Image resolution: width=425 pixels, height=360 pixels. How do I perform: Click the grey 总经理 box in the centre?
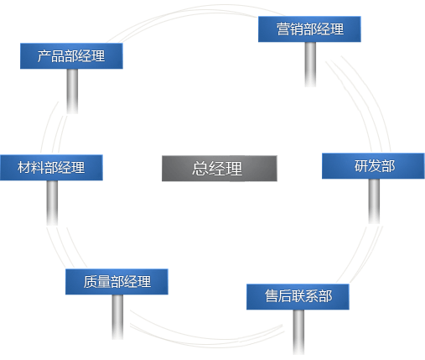point(220,169)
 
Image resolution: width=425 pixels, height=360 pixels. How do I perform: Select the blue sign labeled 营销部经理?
point(309,29)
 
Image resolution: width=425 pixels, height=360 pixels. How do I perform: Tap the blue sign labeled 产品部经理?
point(71,56)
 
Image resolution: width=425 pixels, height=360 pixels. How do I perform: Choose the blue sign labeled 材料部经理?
point(51,167)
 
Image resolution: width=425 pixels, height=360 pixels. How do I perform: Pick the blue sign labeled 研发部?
point(373,166)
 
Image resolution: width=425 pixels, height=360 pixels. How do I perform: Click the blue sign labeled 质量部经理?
point(117,282)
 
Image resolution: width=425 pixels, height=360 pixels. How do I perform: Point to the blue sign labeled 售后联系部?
point(298,297)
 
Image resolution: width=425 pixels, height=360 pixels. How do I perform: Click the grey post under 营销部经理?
point(310,65)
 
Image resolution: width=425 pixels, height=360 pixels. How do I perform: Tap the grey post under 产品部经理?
point(72,91)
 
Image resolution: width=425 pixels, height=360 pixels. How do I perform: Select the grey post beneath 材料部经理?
point(52,203)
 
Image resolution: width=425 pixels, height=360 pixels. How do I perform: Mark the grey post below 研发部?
point(374,201)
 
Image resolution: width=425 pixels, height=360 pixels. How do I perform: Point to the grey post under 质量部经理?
point(117,317)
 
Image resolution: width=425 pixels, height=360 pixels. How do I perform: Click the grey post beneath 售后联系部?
point(298,332)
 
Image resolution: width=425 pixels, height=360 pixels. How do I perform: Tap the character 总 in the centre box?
point(200,169)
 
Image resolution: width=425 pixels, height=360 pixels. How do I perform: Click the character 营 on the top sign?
point(283,29)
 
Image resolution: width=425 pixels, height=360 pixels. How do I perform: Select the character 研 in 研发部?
point(361,166)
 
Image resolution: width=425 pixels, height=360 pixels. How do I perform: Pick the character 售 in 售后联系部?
point(272,296)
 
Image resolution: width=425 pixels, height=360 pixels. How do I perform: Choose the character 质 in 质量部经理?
point(91,282)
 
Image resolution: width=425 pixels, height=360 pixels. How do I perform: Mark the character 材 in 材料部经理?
point(24,168)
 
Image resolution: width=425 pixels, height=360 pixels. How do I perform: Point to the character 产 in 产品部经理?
point(44,56)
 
